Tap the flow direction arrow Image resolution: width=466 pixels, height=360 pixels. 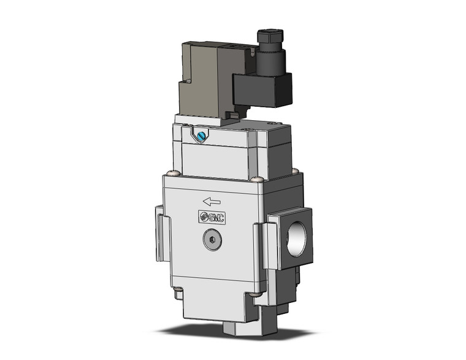tap(212, 201)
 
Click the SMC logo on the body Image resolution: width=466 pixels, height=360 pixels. tap(212, 216)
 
